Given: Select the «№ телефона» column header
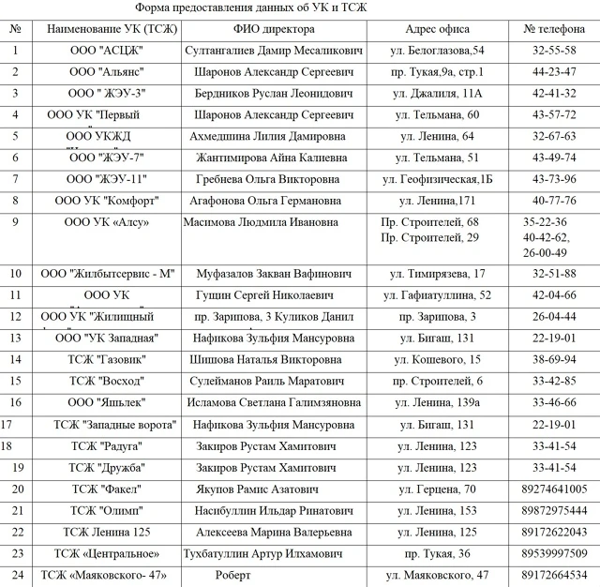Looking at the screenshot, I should point(554,28).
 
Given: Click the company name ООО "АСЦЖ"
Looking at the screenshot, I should point(106,50).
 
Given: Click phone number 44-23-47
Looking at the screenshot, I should point(554,71).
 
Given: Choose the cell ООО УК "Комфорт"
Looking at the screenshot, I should point(106,200).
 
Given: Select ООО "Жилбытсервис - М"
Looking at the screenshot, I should point(106,274).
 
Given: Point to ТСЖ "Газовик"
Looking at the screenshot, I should point(106,359).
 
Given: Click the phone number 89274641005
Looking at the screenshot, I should point(554,489).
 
